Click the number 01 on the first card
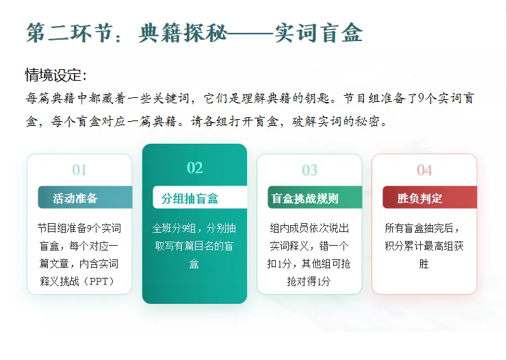pos(79,170)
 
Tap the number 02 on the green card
pos(194,168)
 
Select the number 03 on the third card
pos(309,170)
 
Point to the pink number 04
pos(424,170)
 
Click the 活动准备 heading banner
pos(75,198)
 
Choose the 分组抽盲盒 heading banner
pos(190,198)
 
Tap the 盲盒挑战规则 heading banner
pos(305,198)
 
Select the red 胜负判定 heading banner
pos(420,198)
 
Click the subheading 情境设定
pos(55,75)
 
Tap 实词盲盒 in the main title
pos(318,32)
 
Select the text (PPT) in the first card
pos(99,281)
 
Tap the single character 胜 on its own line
pos(424,263)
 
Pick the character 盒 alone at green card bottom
pos(194,263)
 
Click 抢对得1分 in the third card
pos(309,281)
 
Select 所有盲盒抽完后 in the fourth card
pos(424,228)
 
